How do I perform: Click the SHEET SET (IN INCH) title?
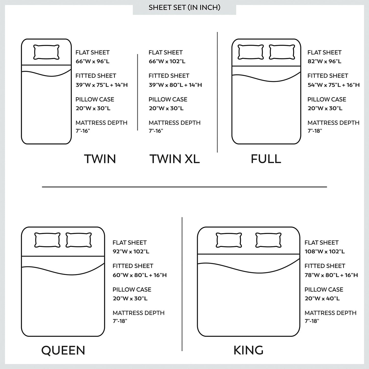pos(184,7)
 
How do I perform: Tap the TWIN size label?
pos(100,159)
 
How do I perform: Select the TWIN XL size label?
pos(174,159)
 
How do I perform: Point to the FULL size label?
pos(266,159)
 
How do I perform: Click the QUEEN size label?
pos(63,350)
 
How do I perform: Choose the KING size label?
pos(248,350)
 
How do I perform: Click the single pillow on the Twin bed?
pos(46,52)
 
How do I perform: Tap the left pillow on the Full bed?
pos(251,52)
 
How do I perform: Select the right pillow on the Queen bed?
pos(78,240)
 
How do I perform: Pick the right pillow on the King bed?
pos(268,240)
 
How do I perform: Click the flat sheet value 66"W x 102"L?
pos(167,62)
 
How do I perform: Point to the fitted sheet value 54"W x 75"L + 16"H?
pos(334,85)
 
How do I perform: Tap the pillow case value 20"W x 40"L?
pos(322,298)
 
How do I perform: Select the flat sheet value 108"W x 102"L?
pos(325,252)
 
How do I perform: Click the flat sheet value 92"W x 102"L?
pos(131,252)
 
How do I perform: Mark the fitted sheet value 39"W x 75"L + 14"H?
pos(101,85)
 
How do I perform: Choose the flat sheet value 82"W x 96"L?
pos(324,62)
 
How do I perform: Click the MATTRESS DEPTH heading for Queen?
pos(138,313)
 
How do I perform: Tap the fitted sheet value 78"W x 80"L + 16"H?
pos(331,275)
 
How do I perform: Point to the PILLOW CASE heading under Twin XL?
pos(168,99)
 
